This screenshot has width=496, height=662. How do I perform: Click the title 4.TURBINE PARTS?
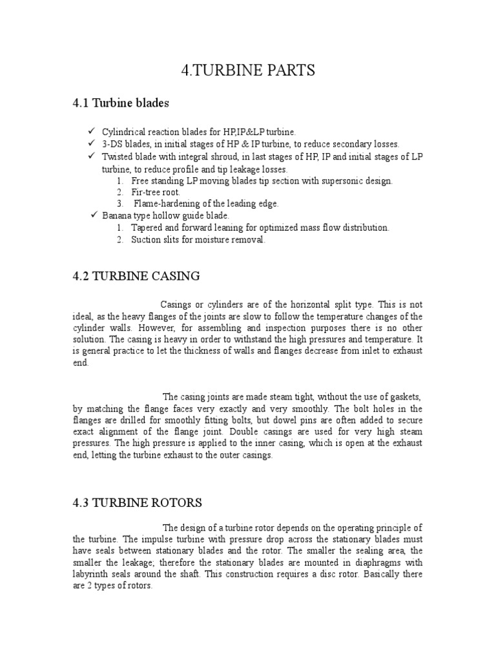point(248,71)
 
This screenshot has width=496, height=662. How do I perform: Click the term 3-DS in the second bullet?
point(113,144)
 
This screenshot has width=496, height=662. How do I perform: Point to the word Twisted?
point(117,156)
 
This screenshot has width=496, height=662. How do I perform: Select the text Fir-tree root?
point(156,193)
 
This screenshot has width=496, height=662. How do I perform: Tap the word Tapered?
point(147,228)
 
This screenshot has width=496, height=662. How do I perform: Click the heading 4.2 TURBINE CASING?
point(136,277)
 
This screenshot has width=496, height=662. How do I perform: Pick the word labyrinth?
point(90,574)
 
